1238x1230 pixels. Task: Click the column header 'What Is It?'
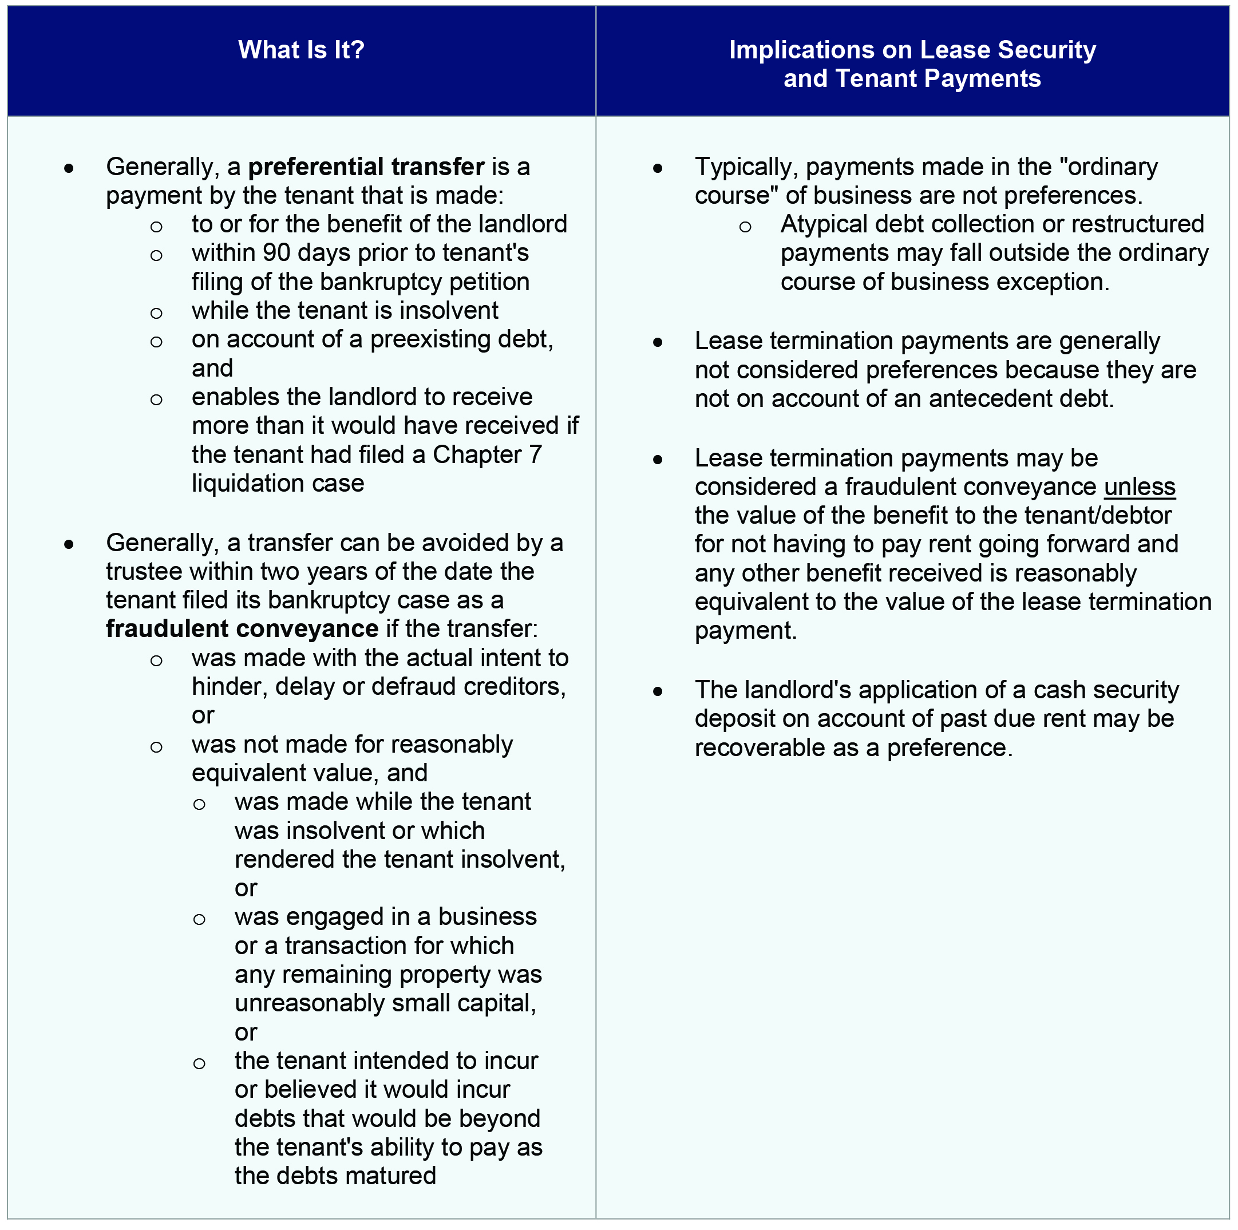click(301, 50)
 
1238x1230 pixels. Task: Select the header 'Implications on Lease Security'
click(912, 50)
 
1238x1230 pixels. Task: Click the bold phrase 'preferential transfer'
click(366, 167)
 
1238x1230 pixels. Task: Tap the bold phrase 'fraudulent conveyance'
click(242, 629)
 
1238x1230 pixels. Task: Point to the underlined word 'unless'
click(1140, 487)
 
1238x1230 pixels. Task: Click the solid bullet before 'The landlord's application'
click(658, 691)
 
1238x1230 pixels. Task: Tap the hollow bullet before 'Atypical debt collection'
click(745, 227)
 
